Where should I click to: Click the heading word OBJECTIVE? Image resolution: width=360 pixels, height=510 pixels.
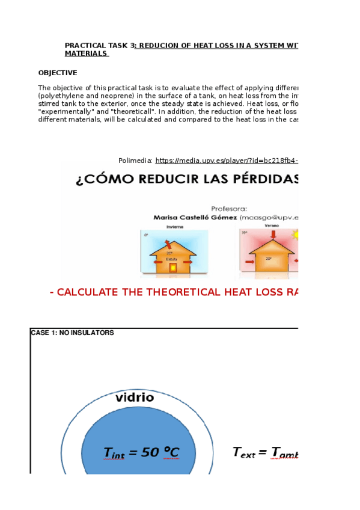tap(58, 73)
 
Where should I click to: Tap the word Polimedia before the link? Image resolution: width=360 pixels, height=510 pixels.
tap(135, 161)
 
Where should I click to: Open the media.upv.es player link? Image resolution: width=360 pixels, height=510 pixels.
tap(227, 161)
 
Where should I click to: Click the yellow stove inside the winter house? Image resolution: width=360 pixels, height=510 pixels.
tap(174, 267)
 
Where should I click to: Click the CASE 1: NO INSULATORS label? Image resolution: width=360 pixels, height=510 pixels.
tap(72, 333)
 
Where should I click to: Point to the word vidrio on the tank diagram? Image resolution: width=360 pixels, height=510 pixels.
tap(135, 398)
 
